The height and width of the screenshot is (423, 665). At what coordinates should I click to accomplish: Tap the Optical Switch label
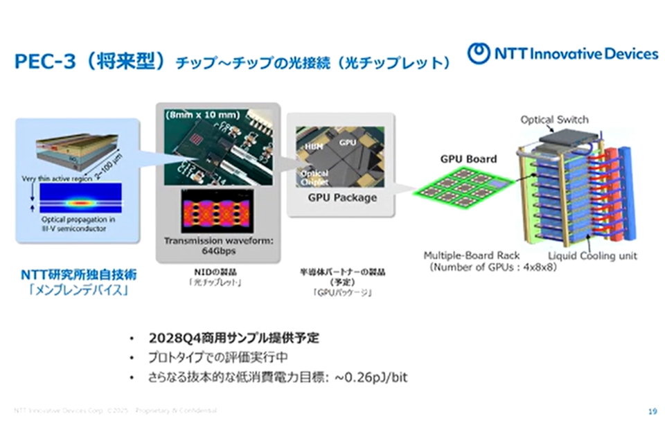click(554, 120)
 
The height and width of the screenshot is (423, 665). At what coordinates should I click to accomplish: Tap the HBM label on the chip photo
click(310, 147)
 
